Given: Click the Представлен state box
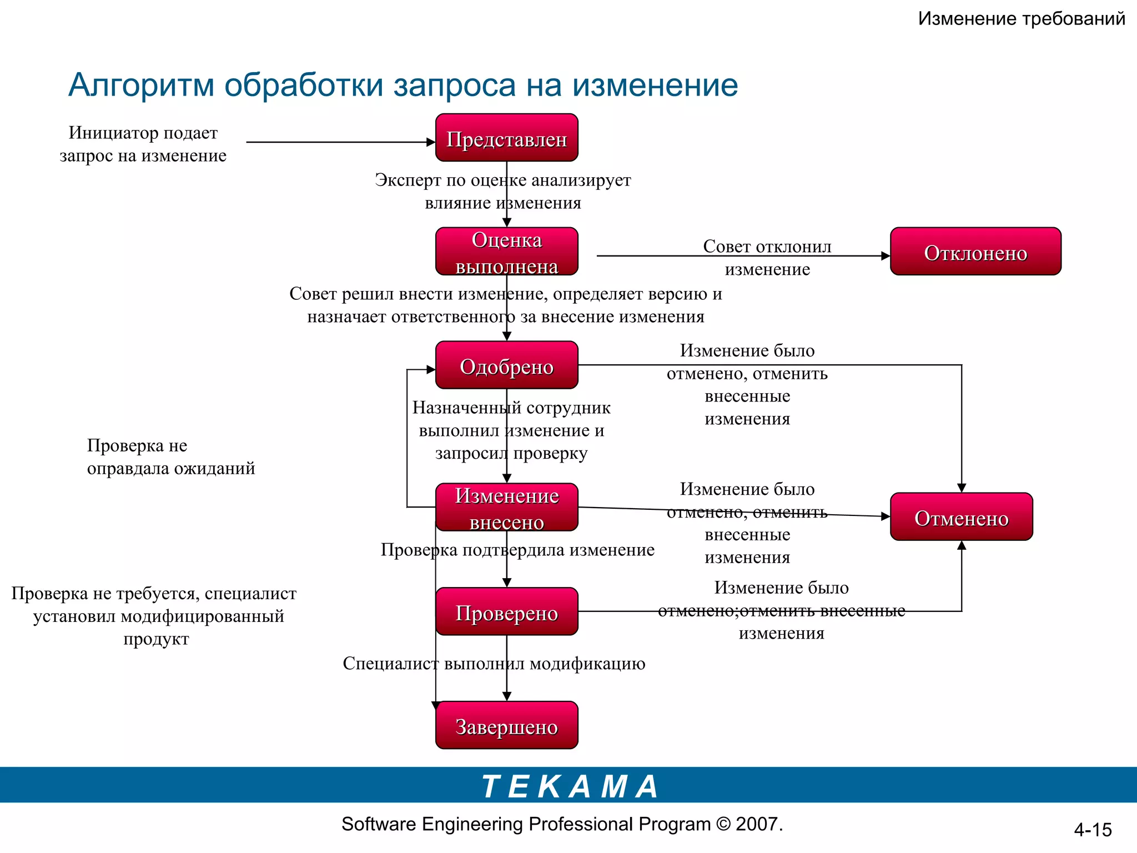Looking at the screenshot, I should [506, 138].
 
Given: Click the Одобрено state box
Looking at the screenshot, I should [506, 365].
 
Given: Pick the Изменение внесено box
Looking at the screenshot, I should [506, 508].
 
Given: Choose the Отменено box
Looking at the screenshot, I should [961, 517].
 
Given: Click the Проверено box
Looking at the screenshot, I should [506, 612].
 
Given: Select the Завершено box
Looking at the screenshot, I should [506, 726].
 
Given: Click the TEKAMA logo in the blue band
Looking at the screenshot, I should [570, 786].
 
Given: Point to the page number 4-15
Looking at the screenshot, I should [1093, 830].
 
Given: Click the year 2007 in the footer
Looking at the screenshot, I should [757, 824].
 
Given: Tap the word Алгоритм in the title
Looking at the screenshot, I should [141, 86].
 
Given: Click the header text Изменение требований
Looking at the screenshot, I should [1021, 19].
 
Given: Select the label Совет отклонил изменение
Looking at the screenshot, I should [767, 257].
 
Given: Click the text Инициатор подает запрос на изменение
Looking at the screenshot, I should [143, 144].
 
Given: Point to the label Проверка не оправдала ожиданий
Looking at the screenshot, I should [170, 456].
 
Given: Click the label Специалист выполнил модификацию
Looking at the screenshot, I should [494, 664].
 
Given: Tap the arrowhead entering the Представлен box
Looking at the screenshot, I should [431, 142].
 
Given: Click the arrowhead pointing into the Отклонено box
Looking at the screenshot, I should [886, 256].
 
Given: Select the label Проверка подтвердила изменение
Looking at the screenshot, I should [517, 550].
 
